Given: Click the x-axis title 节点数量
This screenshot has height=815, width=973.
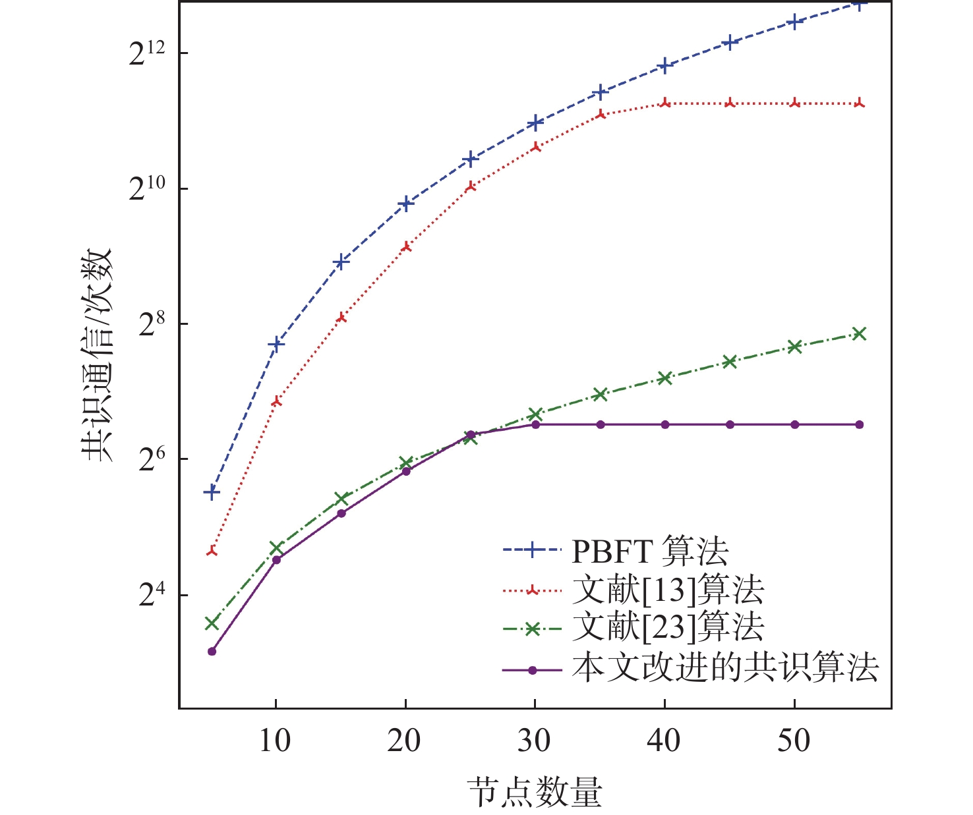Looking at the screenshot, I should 535,791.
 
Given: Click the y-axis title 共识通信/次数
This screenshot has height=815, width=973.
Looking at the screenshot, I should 98,356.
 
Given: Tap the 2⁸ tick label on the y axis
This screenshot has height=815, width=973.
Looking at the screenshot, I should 151,327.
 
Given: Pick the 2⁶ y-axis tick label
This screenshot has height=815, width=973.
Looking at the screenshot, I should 151,462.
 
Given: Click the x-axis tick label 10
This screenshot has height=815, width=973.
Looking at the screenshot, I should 275,742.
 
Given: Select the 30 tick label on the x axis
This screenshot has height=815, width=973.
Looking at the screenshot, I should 534,742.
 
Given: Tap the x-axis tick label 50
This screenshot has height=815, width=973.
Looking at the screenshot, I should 794,742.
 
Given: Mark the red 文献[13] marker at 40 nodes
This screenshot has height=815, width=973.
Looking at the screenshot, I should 665,103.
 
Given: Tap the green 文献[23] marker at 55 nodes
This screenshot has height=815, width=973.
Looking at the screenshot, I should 859,333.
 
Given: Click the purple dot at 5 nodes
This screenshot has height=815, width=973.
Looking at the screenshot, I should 212,651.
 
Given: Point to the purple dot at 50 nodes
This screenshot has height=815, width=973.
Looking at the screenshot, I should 794,424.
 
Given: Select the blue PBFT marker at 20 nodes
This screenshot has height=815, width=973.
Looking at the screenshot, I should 406,203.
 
